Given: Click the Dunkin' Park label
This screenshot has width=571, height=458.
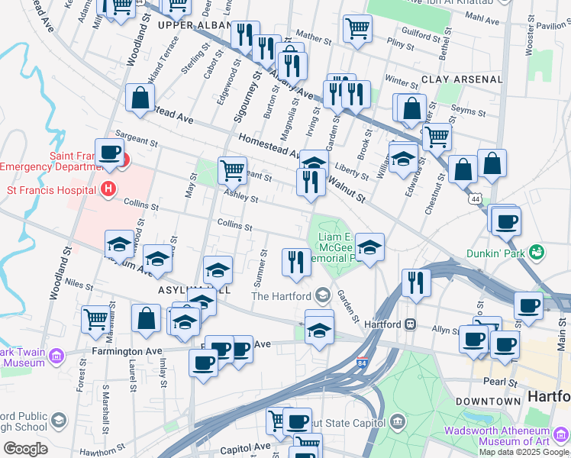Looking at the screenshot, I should coord(497,251).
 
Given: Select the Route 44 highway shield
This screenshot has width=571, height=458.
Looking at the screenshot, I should coord(476,198).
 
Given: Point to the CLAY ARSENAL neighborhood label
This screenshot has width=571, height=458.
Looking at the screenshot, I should coord(461,79).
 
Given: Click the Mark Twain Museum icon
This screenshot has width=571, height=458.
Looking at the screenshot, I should coord(56,355).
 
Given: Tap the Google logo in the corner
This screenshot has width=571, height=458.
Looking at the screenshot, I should coord(25,449).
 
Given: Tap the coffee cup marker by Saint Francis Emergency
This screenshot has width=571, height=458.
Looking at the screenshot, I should coord(109,151).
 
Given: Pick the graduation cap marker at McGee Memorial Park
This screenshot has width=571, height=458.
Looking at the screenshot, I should coord(369,247).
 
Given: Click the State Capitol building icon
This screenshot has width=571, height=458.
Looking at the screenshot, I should coord(397,422).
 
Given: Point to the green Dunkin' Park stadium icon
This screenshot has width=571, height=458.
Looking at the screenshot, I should coord(537,251).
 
